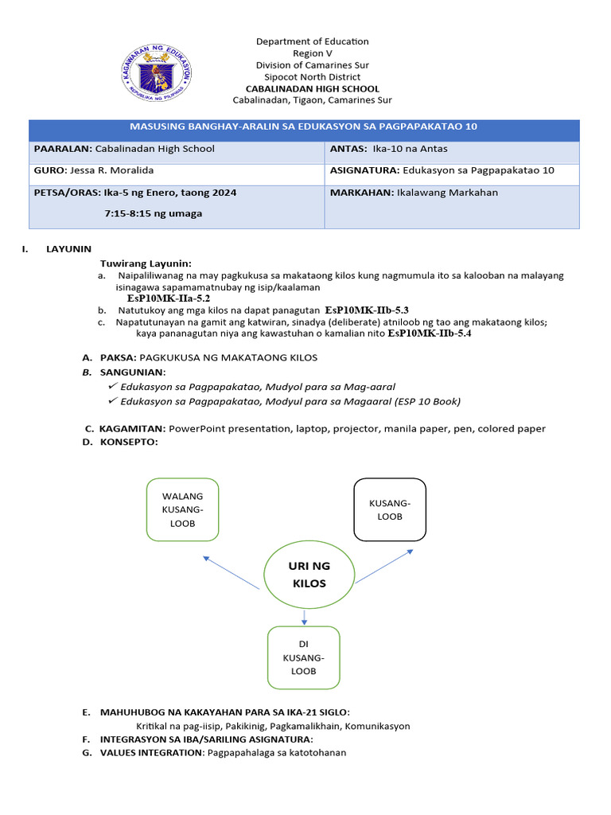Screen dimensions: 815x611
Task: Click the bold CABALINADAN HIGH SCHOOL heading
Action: pyautogui.click(x=312, y=89)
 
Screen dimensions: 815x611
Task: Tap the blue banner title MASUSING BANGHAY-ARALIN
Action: pyautogui.click(x=304, y=127)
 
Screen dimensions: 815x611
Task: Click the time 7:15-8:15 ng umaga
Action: pyautogui.click(x=153, y=213)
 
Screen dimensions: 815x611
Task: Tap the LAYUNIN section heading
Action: pyautogui.click(x=69, y=249)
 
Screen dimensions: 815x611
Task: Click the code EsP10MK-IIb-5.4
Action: pyautogui.click(x=429, y=334)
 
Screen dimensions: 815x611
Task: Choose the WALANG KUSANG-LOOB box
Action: pyautogui.click(x=182, y=510)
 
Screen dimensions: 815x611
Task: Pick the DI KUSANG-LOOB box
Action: pyautogui.click(x=303, y=657)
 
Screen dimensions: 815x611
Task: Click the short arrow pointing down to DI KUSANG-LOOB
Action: pyautogui.click(x=305, y=616)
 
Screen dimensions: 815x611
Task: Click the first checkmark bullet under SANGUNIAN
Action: pyautogui.click(x=114, y=385)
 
